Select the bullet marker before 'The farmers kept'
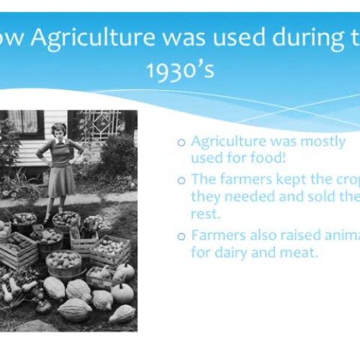tap(181, 181)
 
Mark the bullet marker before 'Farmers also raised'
tap(181, 237)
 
